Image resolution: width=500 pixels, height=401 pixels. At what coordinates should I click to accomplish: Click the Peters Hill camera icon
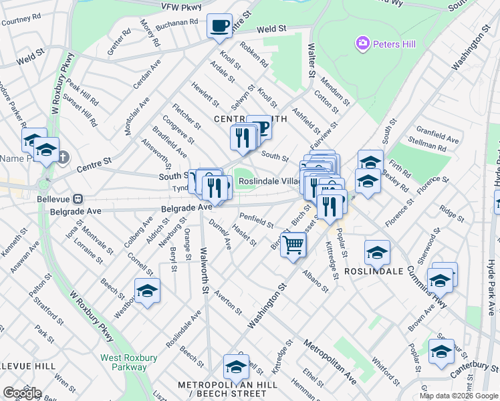pos(363,44)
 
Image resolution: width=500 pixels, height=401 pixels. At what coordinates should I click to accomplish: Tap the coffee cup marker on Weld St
pos(219,27)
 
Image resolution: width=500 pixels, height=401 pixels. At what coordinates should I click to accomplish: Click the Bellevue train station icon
pos(78,198)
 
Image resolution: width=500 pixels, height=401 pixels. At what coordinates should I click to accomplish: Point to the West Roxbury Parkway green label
pos(129,362)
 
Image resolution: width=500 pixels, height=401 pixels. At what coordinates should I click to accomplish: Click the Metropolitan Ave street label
pos(330,362)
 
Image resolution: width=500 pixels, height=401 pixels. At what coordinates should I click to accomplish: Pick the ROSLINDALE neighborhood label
pos(374,272)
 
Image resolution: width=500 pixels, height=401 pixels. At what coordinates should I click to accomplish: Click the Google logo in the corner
pos(21,393)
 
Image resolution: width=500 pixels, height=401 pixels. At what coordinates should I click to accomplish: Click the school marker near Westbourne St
pos(147,291)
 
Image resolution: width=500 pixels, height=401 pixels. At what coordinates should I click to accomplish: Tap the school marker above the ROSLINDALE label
pos(377,253)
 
